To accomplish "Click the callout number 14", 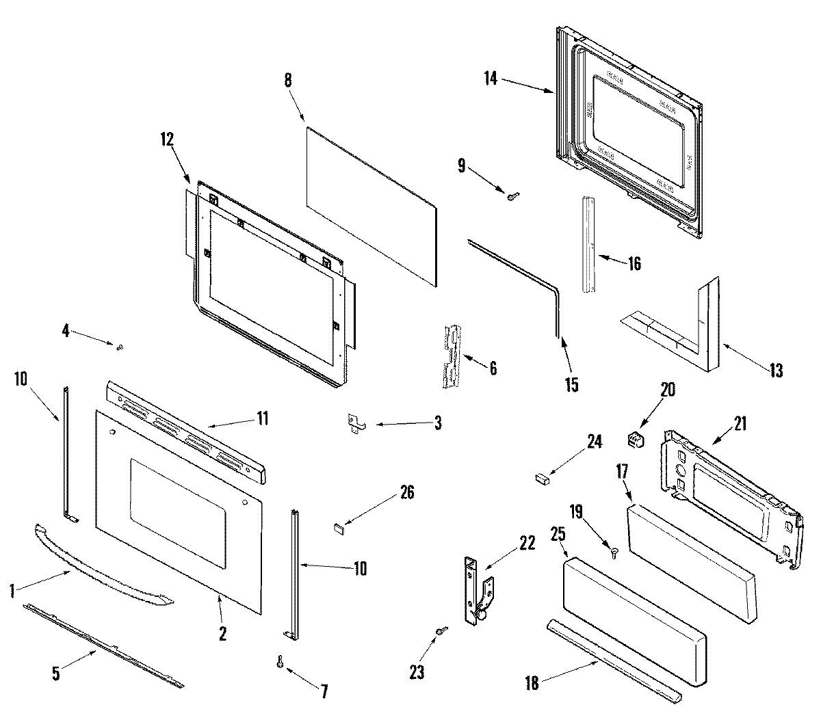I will [490, 79].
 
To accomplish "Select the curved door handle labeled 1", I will [103, 565].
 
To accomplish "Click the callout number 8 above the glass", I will [288, 80].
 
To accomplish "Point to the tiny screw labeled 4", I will [119, 348].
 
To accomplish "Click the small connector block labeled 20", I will [637, 440].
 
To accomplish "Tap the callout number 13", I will [775, 371].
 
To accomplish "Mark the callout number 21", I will [741, 423].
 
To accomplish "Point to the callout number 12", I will [167, 139].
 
